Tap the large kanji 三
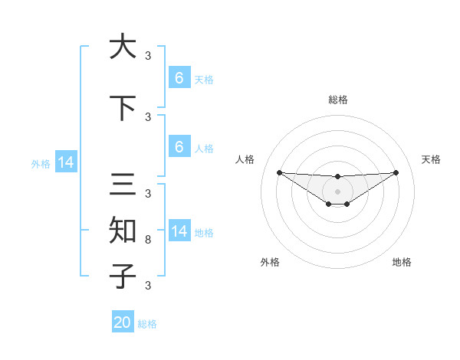click(x=123, y=185)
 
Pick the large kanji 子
click(x=123, y=275)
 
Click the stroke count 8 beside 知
click(x=148, y=240)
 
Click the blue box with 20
click(x=123, y=322)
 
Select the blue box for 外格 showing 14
click(x=66, y=162)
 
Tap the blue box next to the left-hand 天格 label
click(x=179, y=78)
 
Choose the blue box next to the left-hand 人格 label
click(x=179, y=146)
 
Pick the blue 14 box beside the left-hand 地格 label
click(x=179, y=231)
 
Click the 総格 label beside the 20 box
click(x=147, y=324)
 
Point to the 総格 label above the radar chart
click(x=337, y=100)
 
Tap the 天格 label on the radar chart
click(x=431, y=159)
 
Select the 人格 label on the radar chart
click(x=245, y=159)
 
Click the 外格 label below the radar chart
click(x=270, y=262)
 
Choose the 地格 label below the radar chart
click(x=402, y=262)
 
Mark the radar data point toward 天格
click(x=396, y=172)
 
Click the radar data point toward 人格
click(x=279, y=172)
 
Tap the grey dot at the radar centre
click(x=337, y=191)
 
